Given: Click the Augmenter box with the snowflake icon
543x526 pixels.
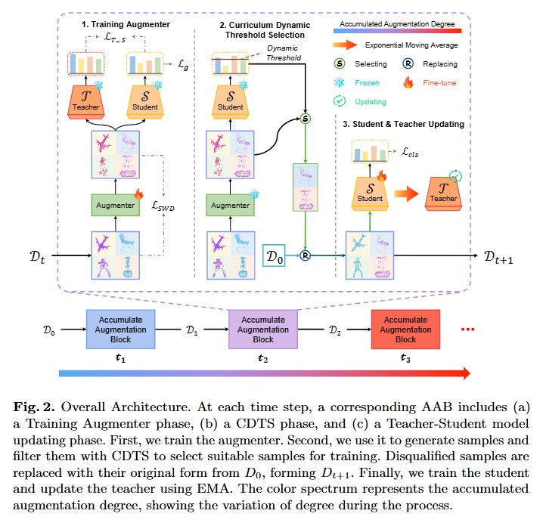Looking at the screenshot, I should (230, 203).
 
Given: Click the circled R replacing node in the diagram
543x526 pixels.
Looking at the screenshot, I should (306, 256).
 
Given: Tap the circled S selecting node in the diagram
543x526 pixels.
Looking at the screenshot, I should (306, 119).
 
